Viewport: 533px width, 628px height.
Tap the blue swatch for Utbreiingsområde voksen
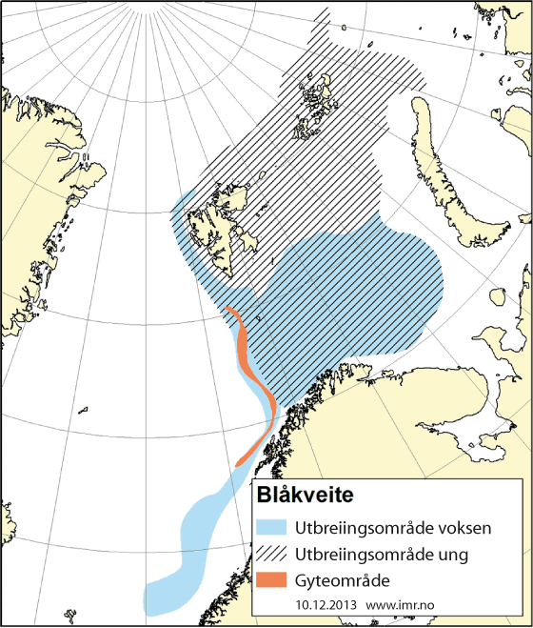(271, 527)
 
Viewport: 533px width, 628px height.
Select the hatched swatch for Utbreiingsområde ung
(271, 554)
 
